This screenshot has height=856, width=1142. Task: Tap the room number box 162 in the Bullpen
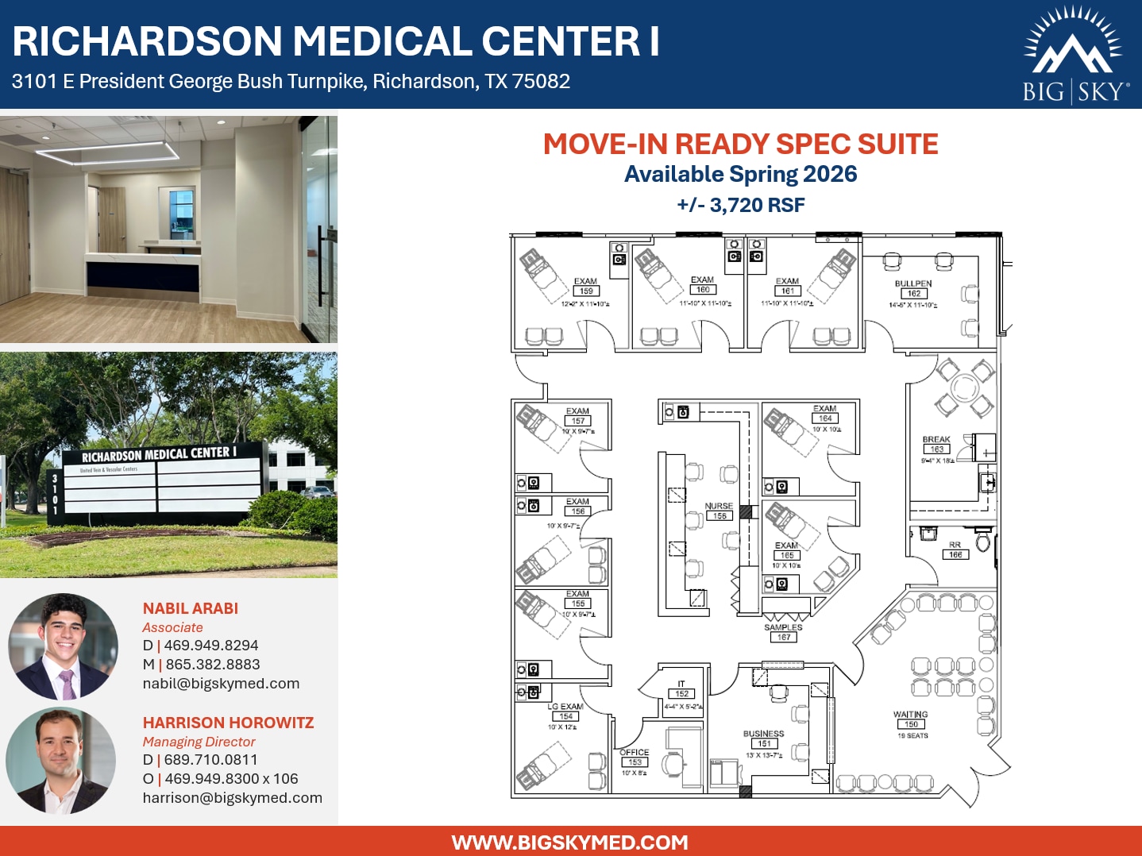point(914,294)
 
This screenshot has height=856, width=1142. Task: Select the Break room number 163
point(937,449)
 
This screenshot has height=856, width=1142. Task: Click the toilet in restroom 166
point(983,542)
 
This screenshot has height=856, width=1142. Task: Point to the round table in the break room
point(965,388)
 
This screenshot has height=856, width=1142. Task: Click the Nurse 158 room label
point(720,516)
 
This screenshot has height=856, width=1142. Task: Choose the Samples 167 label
point(784,637)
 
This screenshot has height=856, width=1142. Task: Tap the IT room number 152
point(682,694)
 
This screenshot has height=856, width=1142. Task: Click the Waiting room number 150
point(911,724)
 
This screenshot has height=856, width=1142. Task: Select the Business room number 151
point(764,744)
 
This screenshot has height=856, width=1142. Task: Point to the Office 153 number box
point(635,762)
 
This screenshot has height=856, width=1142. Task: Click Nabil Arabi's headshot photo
point(63,646)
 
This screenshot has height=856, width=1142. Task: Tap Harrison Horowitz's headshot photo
point(61,761)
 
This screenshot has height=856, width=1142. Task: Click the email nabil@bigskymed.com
point(221,684)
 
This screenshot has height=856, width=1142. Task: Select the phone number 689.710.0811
point(211,760)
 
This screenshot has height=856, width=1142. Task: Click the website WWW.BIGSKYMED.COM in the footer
point(570,843)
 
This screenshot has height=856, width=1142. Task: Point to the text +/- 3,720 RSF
point(741,206)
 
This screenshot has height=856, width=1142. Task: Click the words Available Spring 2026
point(741,175)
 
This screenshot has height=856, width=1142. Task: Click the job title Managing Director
point(199,742)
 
